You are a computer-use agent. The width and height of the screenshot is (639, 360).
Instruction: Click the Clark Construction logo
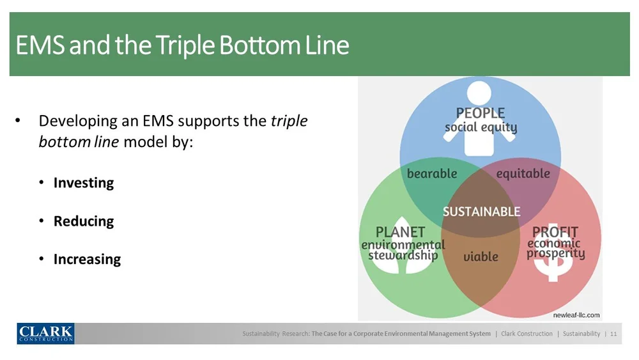[45, 333]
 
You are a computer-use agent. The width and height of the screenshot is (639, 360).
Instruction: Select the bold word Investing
[84, 183]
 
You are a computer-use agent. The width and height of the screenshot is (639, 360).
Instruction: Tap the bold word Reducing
[84, 221]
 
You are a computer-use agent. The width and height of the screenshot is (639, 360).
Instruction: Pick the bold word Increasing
[87, 260]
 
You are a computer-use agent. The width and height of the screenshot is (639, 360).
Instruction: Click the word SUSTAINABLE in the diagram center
[481, 212]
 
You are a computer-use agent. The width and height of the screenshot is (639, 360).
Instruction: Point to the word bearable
[432, 173]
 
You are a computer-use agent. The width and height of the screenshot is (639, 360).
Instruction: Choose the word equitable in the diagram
[523, 173]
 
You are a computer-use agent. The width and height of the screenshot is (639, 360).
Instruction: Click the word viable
[481, 256]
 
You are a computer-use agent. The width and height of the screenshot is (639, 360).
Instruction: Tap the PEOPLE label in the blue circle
[481, 113]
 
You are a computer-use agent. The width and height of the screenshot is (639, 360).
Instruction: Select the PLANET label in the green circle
[401, 231]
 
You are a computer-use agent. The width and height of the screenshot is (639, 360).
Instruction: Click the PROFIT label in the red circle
[555, 231]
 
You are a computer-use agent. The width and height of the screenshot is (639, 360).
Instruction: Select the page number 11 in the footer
[613, 334]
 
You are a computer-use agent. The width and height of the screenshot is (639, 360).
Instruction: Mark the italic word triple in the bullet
[289, 121]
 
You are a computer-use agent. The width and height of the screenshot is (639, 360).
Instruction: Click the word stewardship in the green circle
[403, 255]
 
